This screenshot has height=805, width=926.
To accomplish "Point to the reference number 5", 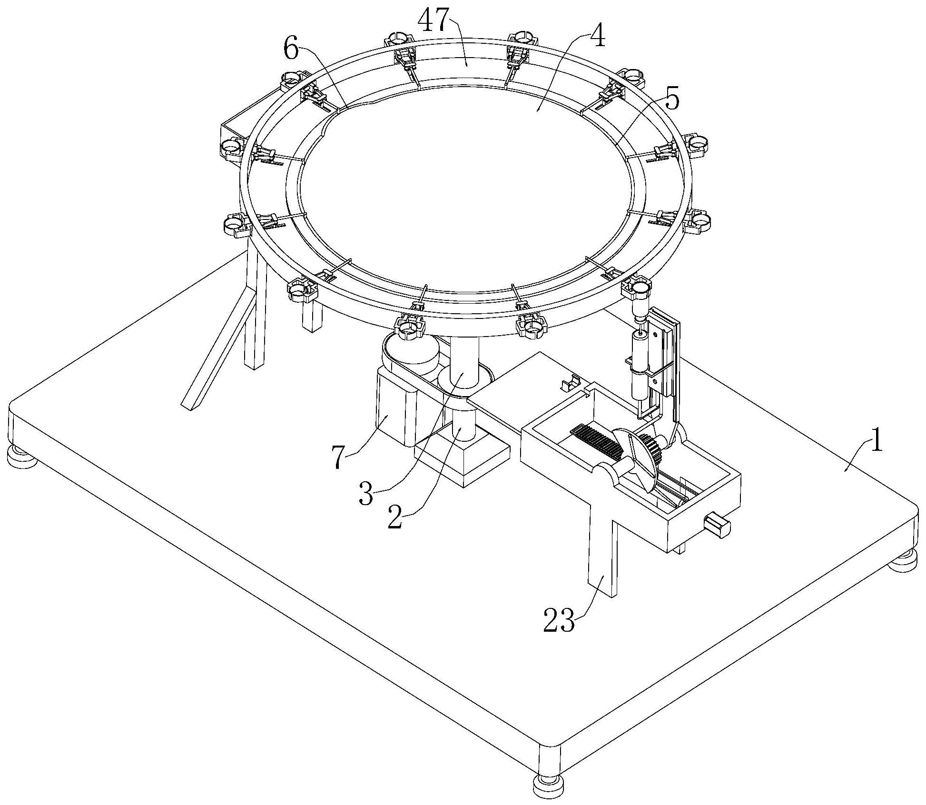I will [671, 101].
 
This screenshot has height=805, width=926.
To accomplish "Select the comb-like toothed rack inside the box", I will [595, 440].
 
